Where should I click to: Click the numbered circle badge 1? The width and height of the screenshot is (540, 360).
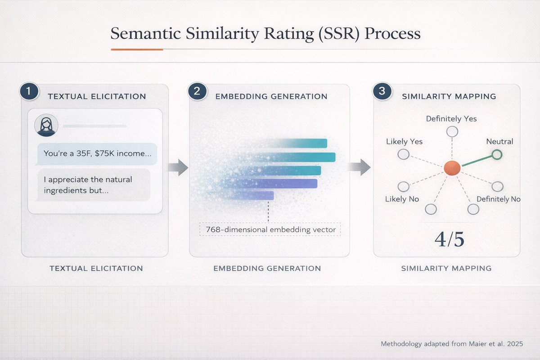pos(28,91)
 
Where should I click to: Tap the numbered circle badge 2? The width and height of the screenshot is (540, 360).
pos(197,91)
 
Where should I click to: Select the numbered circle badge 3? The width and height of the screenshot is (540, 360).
pos(382,91)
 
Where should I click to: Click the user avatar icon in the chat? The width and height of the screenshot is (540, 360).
pos(46,125)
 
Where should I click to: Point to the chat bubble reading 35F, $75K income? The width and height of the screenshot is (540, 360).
pos(97,153)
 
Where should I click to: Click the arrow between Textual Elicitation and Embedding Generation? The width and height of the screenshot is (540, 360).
pos(178,167)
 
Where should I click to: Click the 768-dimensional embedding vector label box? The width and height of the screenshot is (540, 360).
pos(270,229)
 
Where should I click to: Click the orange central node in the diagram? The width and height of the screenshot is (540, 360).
pos(451,168)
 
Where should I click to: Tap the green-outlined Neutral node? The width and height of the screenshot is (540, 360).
pos(496,155)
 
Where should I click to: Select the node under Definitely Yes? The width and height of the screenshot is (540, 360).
pos(452,131)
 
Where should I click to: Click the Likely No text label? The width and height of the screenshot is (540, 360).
pos(402,199)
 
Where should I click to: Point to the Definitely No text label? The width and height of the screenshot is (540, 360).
pos(498,199)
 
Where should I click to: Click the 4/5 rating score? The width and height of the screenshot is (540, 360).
pos(449,239)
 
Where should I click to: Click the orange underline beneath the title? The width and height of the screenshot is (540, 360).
pos(137,49)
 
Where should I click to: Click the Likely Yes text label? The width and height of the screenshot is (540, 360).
pos(404,141)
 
